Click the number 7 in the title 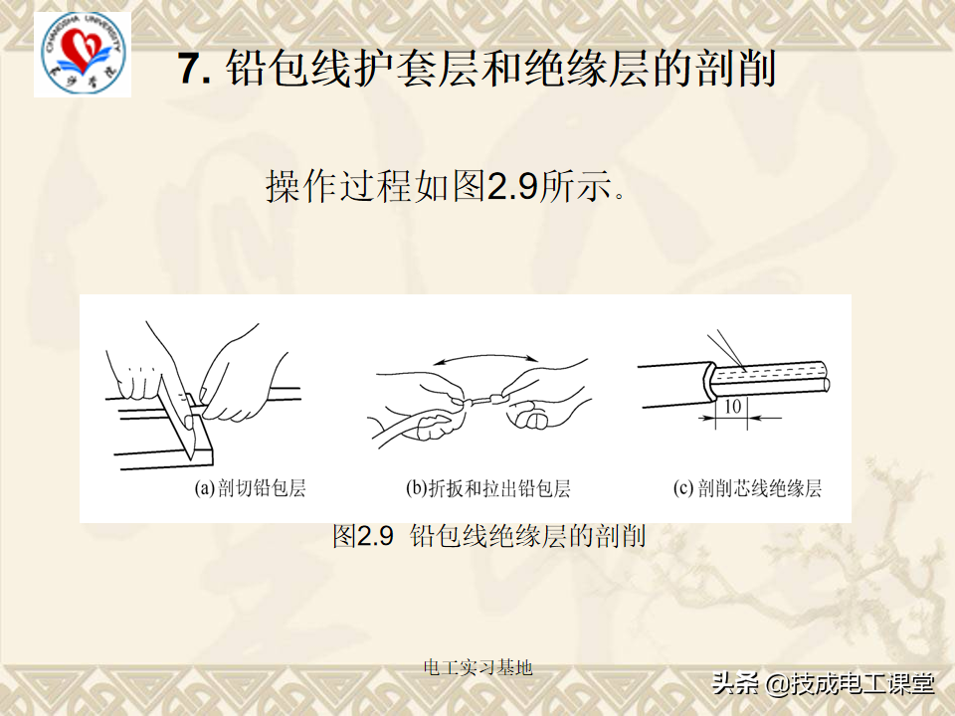(190, 69)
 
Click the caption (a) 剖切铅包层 (249, 488)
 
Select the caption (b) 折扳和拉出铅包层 (487, 488)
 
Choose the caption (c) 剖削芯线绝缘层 (747, 488)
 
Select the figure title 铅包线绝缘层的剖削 (527, 537)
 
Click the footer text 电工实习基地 (477, 667)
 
